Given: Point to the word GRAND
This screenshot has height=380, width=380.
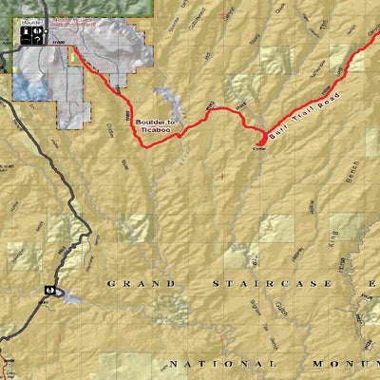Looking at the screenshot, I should tap(141, 283).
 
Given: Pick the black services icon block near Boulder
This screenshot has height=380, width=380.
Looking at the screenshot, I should tap(32, 34).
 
